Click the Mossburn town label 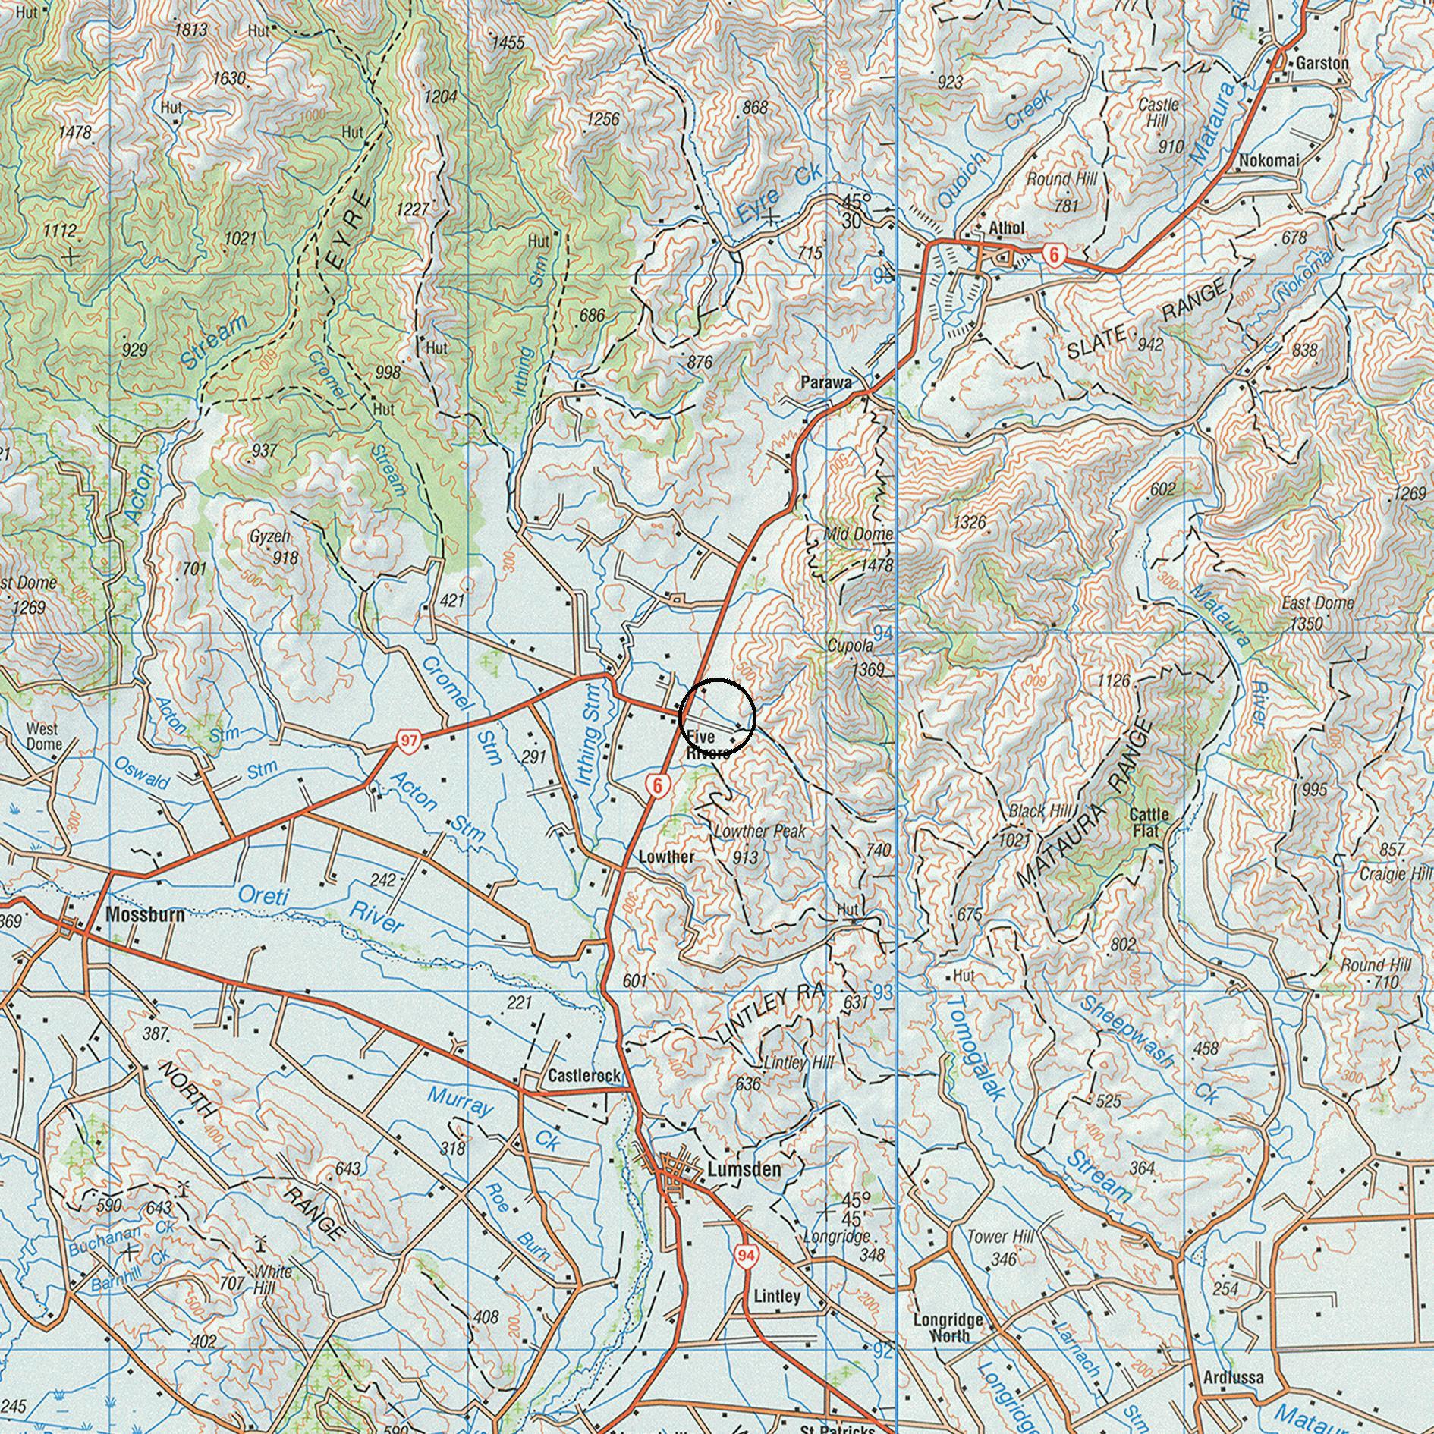pos(144,914)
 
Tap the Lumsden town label pos(743,1169)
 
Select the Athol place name pos(1006,228)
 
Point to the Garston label pos(1322,63)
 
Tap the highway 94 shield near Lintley pos(747,1256)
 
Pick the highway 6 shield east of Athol pos(1052,255)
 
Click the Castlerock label pos(583,1076)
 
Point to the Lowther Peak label pos(759,832)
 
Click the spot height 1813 pos(190,30)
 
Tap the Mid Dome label pos(858,534)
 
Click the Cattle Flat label pos(1149,822)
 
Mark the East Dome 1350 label pos(1317,612)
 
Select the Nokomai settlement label pos(1269,160)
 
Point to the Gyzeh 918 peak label pos(273,546)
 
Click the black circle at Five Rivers pos(717,716)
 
